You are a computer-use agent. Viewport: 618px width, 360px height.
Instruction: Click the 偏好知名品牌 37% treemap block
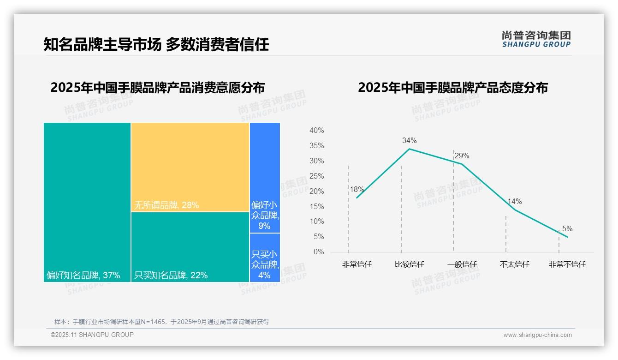tap(87, 202)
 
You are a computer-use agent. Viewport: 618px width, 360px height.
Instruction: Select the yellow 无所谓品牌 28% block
tap(190, 167)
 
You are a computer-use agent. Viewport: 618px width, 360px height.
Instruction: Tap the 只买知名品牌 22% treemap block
tap(190, 247)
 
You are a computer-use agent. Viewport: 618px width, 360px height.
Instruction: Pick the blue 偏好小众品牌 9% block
tap(265, 178)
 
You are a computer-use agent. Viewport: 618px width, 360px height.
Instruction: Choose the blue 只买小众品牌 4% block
tap(265, 258)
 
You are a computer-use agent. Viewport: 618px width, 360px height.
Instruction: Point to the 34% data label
tap(409, 140)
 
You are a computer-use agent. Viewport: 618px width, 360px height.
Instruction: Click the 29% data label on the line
tap(462, 156)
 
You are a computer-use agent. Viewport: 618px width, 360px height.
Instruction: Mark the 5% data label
tap(567, 228)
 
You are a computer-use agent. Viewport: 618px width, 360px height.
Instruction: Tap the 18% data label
tap(357, 189)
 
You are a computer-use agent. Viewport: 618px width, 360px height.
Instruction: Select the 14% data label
tap(514, 202)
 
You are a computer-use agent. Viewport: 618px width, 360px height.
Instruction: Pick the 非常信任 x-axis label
tap(357, 264)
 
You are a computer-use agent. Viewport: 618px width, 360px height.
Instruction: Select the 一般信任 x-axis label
tap(462, 264)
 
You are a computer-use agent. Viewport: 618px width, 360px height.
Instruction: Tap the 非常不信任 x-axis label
tap(567, 264)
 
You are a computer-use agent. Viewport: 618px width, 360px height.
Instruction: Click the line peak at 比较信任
tap(409, 149)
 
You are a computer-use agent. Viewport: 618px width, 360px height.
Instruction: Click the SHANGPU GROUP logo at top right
tap(536, 39)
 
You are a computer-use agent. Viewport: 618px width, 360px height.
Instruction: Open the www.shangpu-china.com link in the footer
tap(537, 335)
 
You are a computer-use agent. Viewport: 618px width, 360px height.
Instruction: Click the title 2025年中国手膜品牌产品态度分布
tap(452, 88)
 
